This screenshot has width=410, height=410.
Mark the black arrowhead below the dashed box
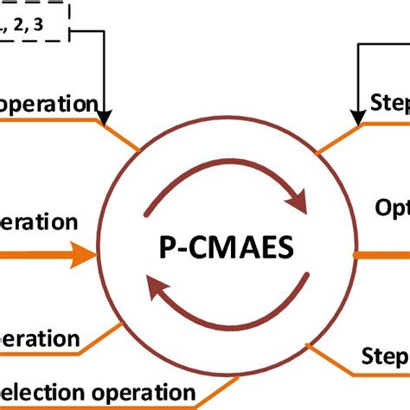tap(105, 114)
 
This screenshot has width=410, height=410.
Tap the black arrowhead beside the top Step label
tap(356, 115)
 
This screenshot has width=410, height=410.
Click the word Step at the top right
tap(389, 103)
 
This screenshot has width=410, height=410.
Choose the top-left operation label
tap(48, 104)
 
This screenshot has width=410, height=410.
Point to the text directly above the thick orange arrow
tap(39, 221)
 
